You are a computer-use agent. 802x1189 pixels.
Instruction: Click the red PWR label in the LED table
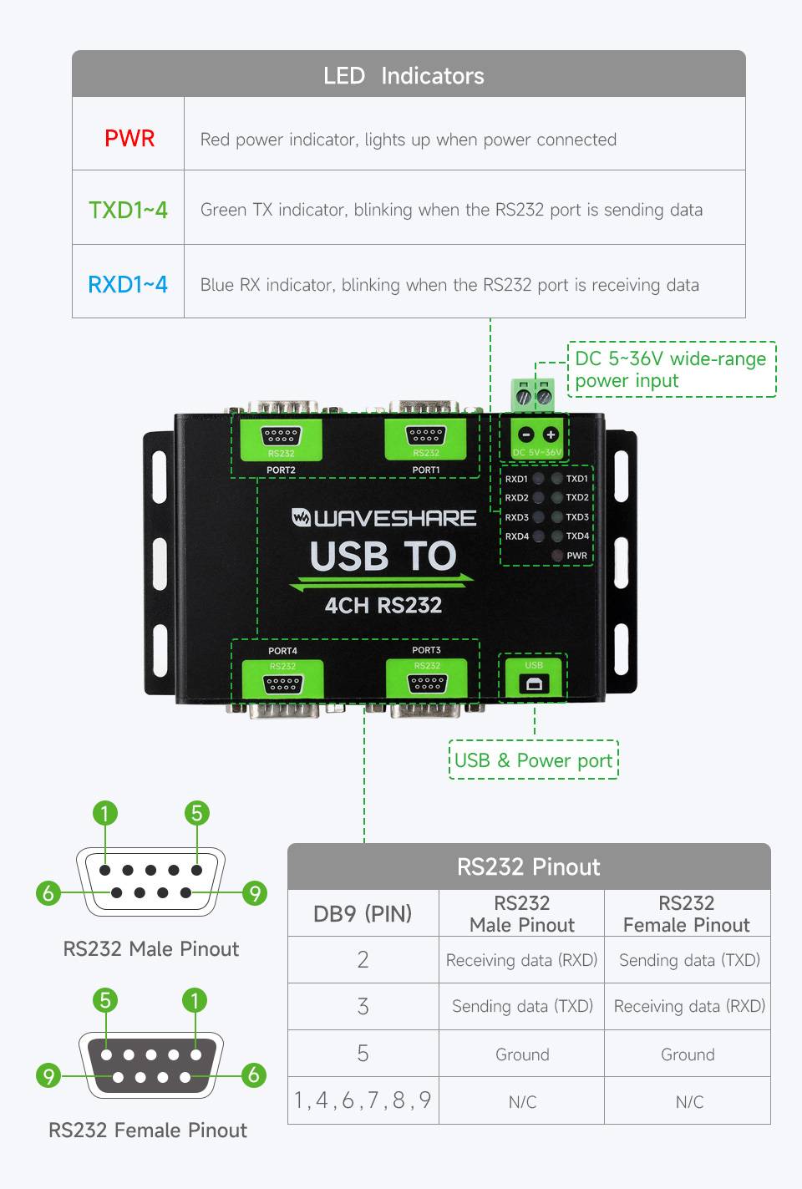click(x=129, y=138)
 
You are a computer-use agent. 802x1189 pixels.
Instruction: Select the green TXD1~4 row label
click(x=128, y=210)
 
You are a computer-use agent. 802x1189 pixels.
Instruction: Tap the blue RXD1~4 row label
click(x=128, y=284)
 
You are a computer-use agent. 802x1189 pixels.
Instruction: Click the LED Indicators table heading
click(x=404, y=76)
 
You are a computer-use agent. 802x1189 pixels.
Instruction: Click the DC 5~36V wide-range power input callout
click(x=671, y=369)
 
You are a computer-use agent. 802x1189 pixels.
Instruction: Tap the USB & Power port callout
click(x=533, y=760)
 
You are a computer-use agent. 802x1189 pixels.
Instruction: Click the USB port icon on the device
click(x=534, y=684)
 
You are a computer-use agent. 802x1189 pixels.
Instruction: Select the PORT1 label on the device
click(x=426, y=470)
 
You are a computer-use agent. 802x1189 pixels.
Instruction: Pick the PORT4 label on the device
click(x=282, y=651)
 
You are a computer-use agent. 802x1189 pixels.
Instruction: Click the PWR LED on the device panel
click(x=557, y=556)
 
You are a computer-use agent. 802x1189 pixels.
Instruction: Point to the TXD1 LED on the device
click(x=556, y=479)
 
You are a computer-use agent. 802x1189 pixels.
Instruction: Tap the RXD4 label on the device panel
click(x=516, y=536)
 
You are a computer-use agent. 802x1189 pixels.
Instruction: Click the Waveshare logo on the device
click(x=383, y=518)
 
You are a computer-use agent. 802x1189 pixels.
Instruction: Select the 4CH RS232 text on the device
click(x=383, y=605)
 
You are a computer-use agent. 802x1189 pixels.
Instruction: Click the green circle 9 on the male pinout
click(x=255, y=893)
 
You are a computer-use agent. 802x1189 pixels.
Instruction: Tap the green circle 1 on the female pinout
click(x=195, y=1000)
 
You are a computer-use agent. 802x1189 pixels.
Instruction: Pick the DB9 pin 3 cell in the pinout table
click(x=363, y=1006)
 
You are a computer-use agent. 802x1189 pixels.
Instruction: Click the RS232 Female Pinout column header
click(x=687, y=913)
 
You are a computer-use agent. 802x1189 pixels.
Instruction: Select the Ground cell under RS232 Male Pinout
click(x=522, y=1054)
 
